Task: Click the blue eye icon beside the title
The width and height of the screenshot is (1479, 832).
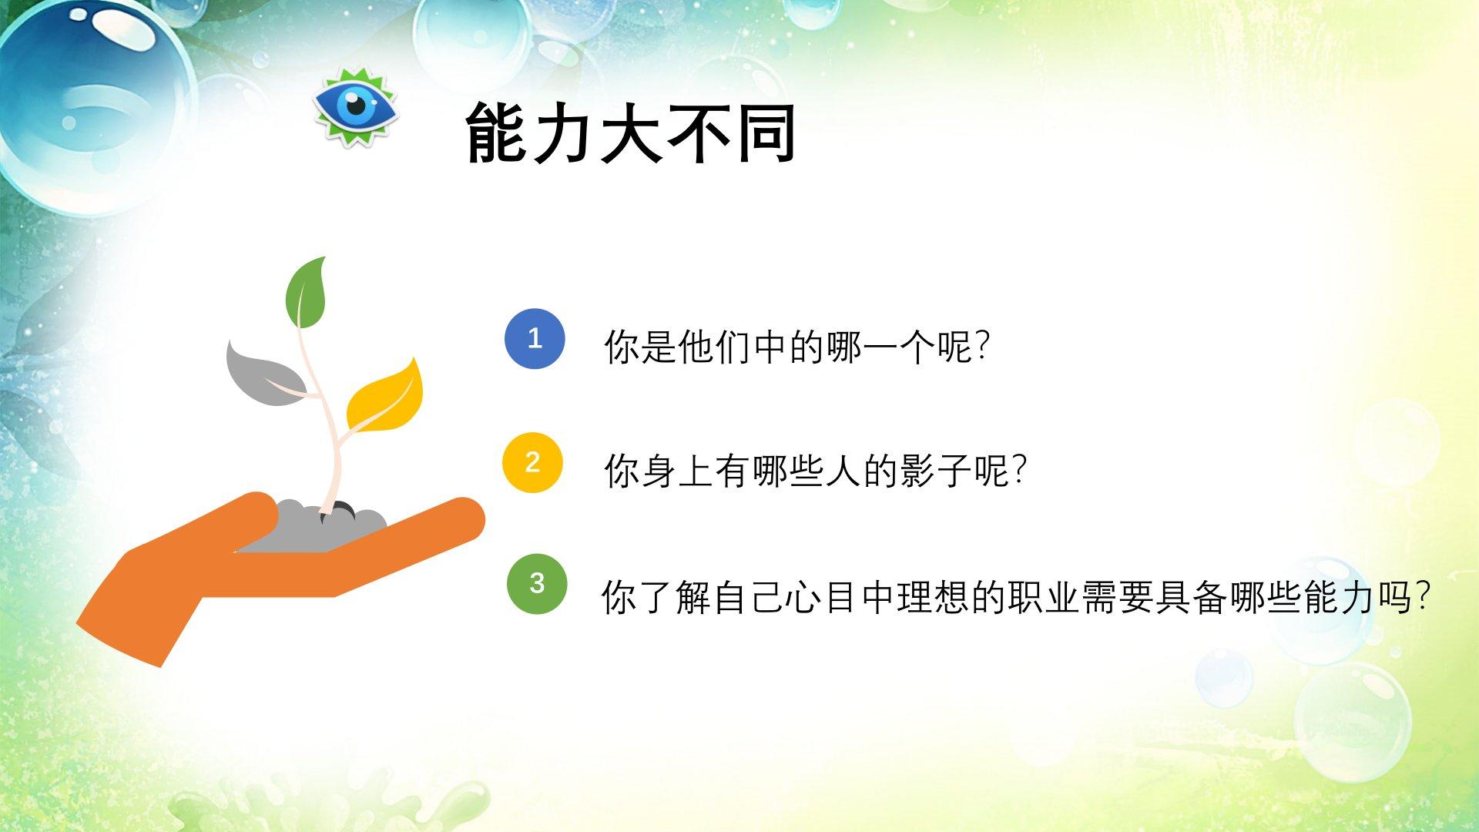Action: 355,106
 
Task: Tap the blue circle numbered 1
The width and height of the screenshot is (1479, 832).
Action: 535,338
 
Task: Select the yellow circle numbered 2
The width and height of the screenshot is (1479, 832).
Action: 532,462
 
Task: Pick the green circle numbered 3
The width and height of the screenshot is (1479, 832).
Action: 537,583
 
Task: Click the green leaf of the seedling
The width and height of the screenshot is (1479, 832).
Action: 306,294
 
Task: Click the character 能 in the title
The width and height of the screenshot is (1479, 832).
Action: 498,133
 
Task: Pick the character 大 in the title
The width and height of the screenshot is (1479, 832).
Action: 632,133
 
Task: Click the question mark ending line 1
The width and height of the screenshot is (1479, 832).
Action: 981,347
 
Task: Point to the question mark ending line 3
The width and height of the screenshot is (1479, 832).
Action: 1424,596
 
